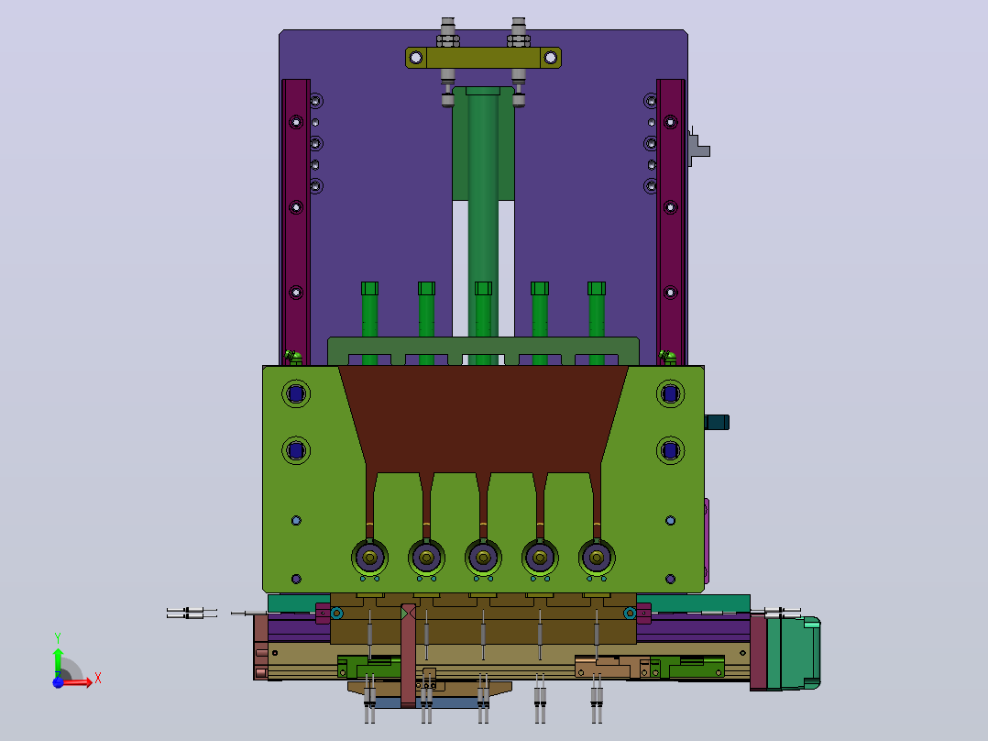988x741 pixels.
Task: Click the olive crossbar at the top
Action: coord(483,58)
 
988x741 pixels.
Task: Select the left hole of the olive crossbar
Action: coord(416,58)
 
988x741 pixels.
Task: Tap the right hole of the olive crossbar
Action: coord(551,58)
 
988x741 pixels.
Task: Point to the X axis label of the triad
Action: coord(98,679)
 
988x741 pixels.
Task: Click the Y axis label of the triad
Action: coord(58,638)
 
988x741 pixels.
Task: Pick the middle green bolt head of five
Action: coord(483,288)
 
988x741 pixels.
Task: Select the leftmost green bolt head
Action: coord(370,288)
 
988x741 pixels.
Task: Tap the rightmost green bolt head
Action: coord(597,288)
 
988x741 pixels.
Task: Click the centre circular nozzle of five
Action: coord(483,558)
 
